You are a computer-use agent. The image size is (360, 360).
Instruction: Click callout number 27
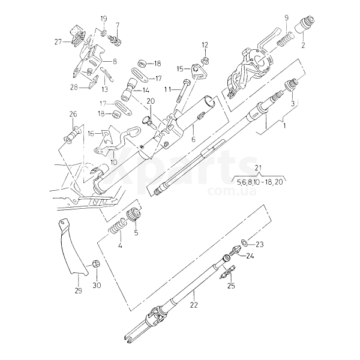tap(58, 42)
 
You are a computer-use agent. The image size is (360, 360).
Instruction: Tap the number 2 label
tap(303, 45)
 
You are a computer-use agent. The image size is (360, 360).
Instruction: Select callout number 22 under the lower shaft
tap(194, 305)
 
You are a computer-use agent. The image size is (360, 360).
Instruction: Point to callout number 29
tap(78, 291)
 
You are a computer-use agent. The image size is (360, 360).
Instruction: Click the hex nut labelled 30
tap(95, 263)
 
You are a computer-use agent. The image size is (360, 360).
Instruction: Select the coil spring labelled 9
tap(285, 39)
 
